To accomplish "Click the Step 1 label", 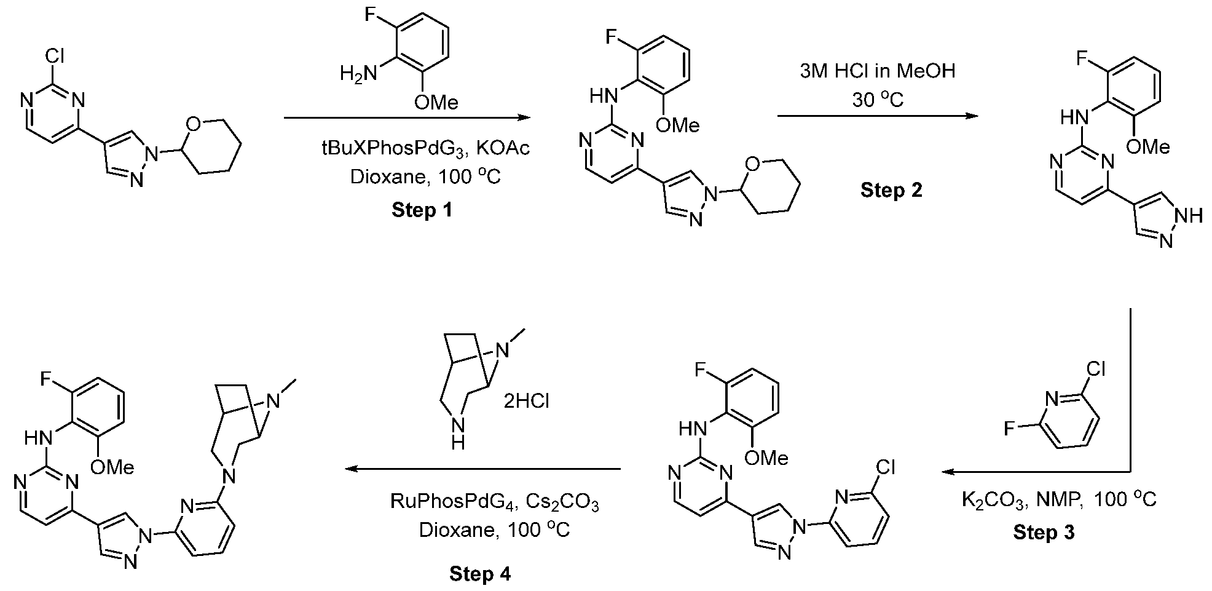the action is pos(422,210).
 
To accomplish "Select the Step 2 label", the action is pos(891,190).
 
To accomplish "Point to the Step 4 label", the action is pos(480,574).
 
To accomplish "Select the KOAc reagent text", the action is pos(503,149).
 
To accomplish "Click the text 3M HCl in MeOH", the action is pos(878,71).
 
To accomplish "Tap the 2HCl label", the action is pos(527,401).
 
